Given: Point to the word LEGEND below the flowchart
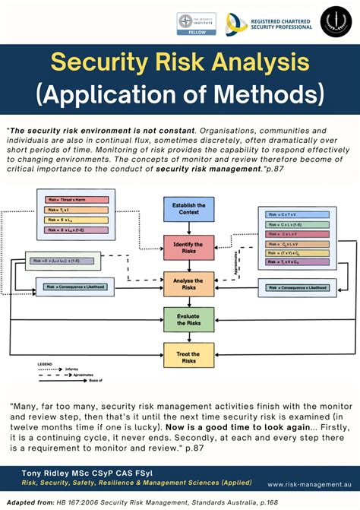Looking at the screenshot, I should pyautogui.click(x=45, y=364).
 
